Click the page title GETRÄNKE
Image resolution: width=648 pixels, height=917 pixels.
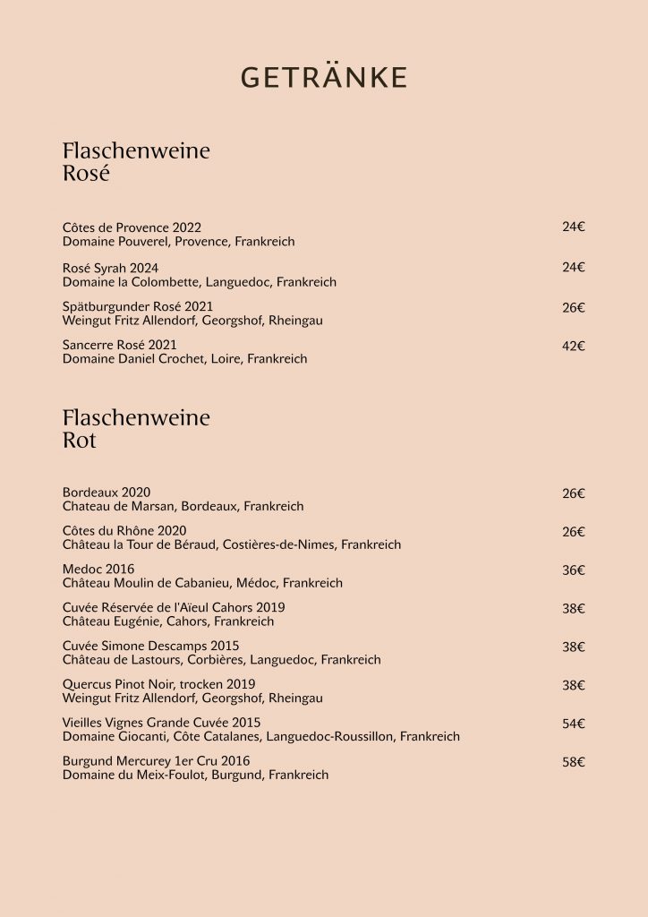coord(324,78)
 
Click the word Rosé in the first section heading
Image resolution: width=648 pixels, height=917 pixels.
coord(86,174)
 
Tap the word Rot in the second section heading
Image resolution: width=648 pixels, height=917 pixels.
coord(80,441)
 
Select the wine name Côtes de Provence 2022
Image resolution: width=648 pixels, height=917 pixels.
coord(132,227)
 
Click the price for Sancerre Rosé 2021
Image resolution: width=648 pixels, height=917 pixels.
coord(573,346)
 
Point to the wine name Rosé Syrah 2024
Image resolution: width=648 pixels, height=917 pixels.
coord(110,268)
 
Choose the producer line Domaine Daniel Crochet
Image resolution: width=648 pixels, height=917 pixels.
coord(184,359)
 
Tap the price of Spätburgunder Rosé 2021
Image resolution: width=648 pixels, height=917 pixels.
coord(573,307)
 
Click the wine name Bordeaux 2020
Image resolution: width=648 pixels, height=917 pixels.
coord(107,493)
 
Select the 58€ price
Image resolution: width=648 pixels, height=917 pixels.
coord(573,762)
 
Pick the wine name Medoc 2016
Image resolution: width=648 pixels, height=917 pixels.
coord(98,570)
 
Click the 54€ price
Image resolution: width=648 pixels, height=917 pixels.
coord(573,724)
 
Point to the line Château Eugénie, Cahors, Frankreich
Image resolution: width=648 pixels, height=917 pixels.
coord(168,621)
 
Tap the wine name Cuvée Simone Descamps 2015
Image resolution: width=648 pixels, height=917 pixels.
coord(150,646)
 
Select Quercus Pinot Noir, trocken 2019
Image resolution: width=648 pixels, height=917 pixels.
coord(158,684)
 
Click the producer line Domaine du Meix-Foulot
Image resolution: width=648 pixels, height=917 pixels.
coord(195,775)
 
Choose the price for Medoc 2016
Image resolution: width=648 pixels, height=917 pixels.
coord(573,570)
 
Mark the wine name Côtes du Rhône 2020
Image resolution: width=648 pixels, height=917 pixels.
coord(124,531)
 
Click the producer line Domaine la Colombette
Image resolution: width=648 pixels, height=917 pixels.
coord(200,282)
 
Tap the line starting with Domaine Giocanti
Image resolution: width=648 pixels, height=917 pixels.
coord(261,737)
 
